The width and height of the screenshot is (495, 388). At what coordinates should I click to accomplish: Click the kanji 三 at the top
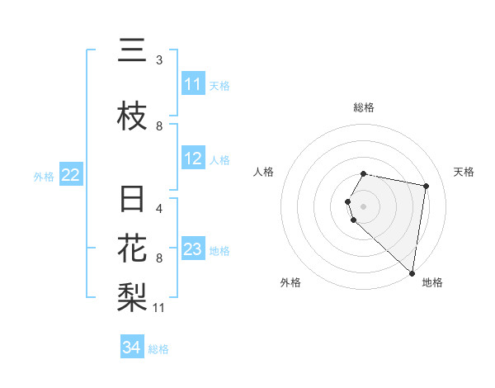(132, 52)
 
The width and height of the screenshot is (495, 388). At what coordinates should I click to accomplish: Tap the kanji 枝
(132, 116)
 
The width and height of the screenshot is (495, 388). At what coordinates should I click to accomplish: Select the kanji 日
(132, 201)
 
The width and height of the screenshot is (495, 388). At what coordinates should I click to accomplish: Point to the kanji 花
(132, 248)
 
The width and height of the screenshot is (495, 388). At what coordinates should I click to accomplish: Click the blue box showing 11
(193, 84)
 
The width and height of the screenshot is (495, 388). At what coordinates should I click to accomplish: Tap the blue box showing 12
(193, 159)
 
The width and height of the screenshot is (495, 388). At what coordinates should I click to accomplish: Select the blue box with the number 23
(193, 249)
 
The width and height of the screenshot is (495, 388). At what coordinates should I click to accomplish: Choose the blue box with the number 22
(71, 174)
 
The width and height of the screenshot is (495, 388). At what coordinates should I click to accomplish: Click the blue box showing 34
(132, 348)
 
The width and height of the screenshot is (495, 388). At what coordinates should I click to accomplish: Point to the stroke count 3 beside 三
(159, 59)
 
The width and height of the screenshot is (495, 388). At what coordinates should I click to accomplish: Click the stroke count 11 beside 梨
(159, 308)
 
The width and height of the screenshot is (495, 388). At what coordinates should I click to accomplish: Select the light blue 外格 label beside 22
(44, 176)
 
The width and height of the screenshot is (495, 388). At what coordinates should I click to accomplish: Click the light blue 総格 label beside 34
(158, 349)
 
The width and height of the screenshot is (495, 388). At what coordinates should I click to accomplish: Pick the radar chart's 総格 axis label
(364, 107)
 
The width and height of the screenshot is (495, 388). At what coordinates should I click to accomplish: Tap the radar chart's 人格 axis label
(264, 172)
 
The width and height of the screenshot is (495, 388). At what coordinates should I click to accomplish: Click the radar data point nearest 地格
(412, 272)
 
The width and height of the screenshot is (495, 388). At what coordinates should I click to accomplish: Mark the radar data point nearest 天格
(426, 186)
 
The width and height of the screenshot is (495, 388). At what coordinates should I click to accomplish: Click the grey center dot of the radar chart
(364, 206)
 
